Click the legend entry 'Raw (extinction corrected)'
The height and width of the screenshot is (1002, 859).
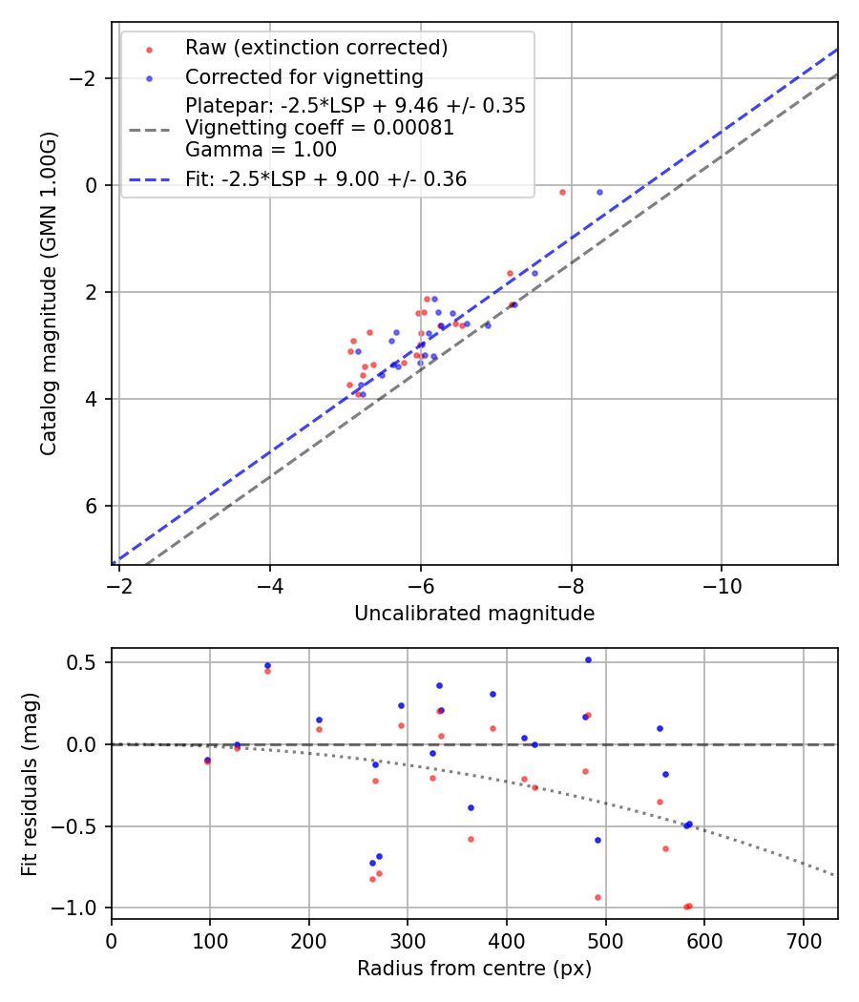316,48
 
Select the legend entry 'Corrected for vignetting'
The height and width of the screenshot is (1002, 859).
304,77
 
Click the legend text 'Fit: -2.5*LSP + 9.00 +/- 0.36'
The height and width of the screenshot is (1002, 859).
325,178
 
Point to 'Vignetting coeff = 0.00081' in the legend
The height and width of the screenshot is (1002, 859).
320,128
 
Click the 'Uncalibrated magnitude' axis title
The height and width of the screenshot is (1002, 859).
474,614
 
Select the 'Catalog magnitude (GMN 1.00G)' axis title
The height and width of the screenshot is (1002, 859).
49,294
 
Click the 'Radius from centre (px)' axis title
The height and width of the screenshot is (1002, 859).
474,969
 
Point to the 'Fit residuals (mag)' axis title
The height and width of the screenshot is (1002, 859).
30,784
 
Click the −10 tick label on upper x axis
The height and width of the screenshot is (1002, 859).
721,584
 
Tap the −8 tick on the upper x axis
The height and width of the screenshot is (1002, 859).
571,584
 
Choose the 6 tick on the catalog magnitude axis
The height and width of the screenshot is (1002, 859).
93,506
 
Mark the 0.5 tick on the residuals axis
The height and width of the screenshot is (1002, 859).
87,662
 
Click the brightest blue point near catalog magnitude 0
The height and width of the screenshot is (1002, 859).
599,192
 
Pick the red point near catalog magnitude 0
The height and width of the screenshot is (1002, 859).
562,192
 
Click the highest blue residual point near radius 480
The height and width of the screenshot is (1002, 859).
588,659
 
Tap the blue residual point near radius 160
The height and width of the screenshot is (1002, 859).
267,665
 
